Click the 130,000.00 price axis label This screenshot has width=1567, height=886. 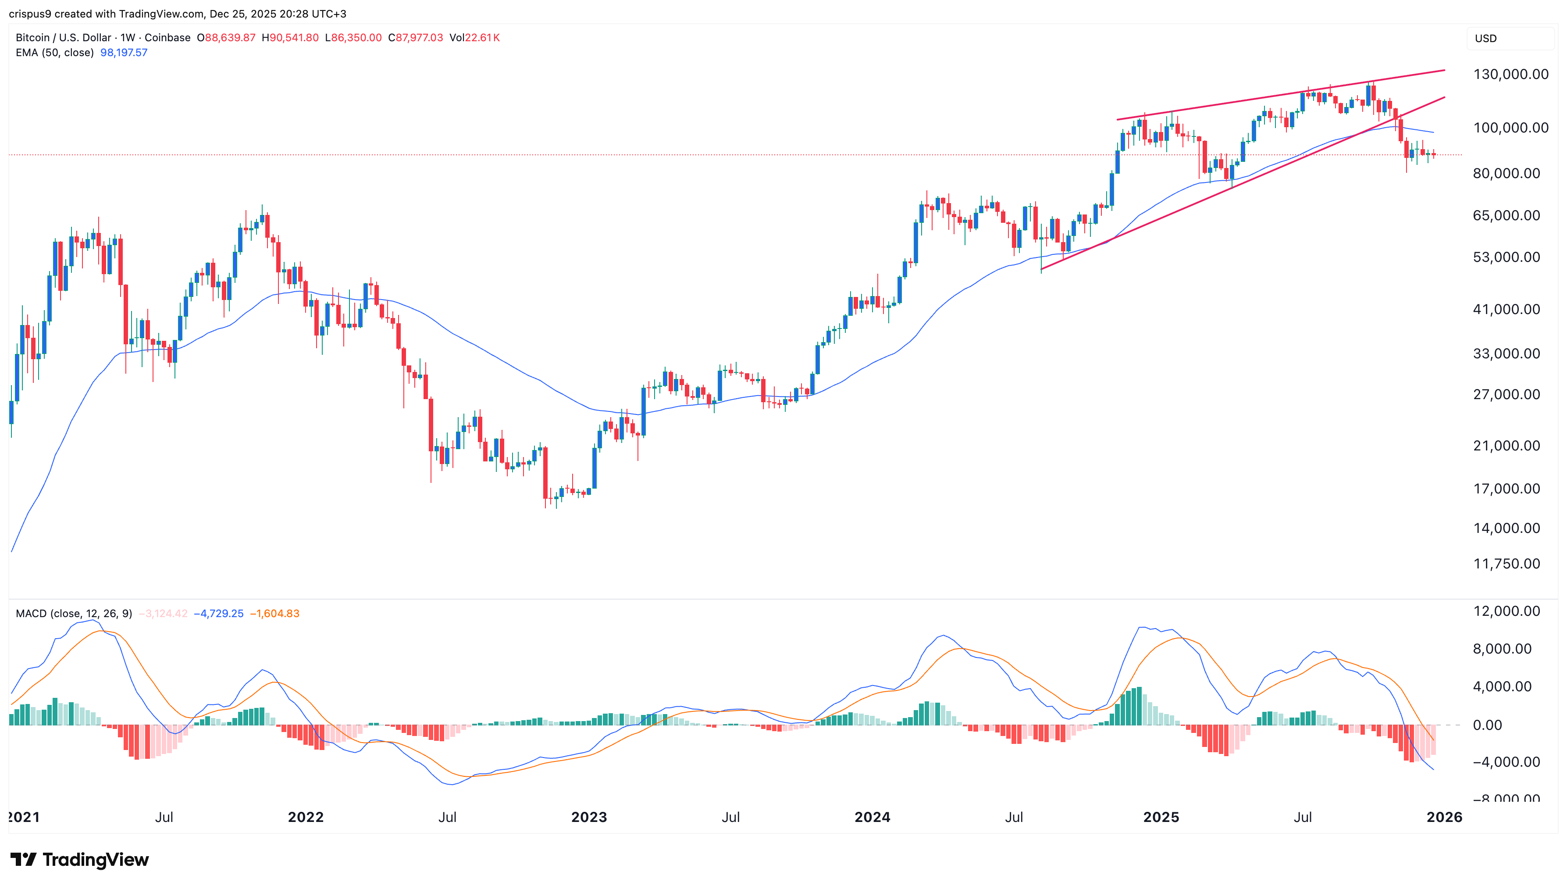[x=1510, y=74]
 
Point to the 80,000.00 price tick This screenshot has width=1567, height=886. [x=1506, y=173]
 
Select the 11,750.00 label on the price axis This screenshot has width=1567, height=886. [x=1506, y=564]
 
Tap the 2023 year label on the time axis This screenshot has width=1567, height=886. [x=589, y=817]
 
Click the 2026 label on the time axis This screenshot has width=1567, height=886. [x=1444, y=817]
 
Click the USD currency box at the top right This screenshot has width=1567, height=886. [x=1485, y=38]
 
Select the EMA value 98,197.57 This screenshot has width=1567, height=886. [x=124, y=52]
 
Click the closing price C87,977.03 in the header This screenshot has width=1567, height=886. [x=416, y=38]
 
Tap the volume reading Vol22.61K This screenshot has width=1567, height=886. [x=474, y=38]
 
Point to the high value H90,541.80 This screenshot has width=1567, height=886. [x=290, y=38]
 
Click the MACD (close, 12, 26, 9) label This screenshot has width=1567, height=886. [x=74, y=613]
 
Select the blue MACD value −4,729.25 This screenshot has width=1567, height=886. [x=218, y=613]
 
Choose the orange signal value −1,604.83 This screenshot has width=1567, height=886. [x=275, y=613]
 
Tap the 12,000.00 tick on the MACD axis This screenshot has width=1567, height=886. [x=1506, y=611]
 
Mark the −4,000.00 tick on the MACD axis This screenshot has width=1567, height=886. [x=1506, y=762]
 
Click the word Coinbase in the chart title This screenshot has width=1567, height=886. [x=167, y=38]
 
